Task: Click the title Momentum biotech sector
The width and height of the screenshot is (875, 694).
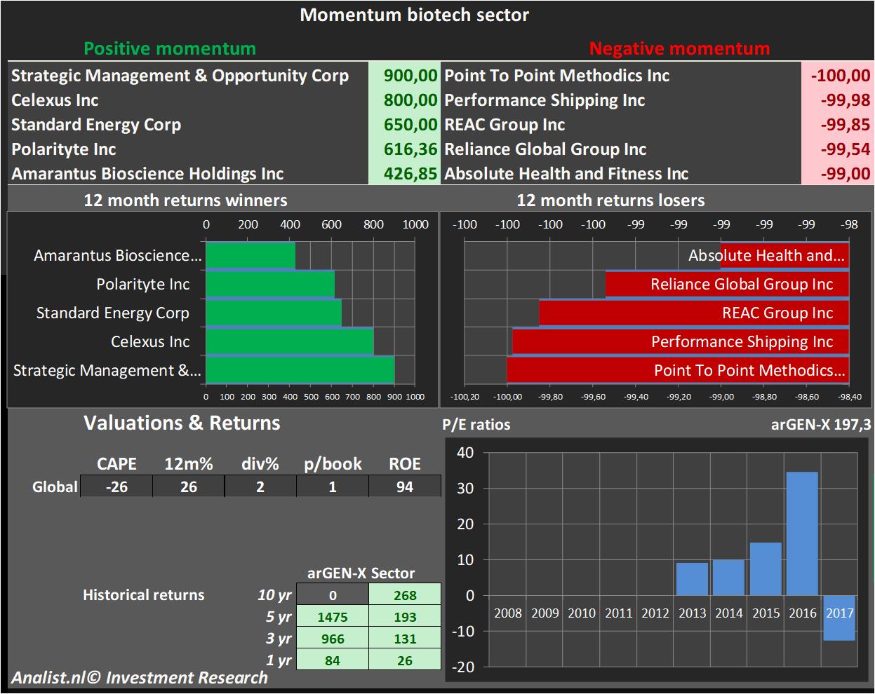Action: tap(414, 15)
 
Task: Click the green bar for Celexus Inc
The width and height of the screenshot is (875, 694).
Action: tap(289, 341)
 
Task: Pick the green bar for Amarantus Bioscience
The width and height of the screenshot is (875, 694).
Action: tap(251, 256)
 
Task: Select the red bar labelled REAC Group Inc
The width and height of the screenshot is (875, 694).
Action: tap(693, 313)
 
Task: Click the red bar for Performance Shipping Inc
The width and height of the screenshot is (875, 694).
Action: tap(681, 342)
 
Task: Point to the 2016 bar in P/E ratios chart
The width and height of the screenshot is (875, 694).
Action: tap(802, 533)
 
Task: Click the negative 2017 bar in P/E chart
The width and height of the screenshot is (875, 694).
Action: tap(839, 618)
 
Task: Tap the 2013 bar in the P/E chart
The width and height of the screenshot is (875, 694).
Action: tap(692, 579)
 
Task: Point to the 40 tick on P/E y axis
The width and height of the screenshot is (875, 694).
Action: tap(465, 453)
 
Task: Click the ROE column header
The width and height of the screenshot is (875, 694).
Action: tap(404, 464)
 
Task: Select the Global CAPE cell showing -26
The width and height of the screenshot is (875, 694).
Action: tap(116, 487)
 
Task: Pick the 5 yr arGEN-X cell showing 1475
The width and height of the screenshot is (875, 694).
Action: tap(333, 617)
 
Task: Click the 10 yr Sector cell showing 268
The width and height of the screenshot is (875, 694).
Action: tap(405, 595)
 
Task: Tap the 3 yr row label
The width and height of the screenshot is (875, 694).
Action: tap(279, 639)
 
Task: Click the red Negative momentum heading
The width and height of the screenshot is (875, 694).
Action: tap(679, 48)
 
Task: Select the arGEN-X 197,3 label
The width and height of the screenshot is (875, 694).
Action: tap(821, 424)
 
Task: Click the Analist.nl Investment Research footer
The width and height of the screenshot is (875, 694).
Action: tap(140, 678)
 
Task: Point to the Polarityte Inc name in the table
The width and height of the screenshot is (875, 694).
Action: tap(64, 149)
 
